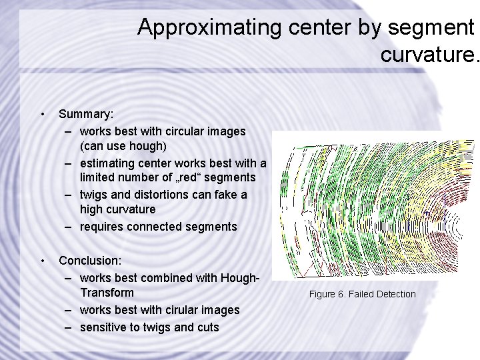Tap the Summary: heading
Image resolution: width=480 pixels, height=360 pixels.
click(x=85, y=115)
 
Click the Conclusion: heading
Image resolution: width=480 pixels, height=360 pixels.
click(x=91, y=261)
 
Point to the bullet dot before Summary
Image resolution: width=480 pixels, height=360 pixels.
click(x=42, y=115)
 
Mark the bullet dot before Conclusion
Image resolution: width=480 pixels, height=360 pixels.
click(x=42, y=261)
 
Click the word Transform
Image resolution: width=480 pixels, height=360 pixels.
click(x=107, y=293)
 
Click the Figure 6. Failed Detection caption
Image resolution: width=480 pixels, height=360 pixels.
click(x=361, y=294)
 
